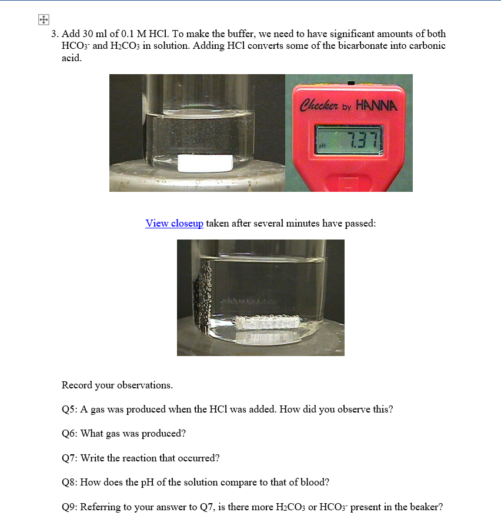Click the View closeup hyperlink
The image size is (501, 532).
click(x=174, y=223)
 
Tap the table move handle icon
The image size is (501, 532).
click(x=44, y=19)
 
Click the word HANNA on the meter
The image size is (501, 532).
click(x=376, y=105)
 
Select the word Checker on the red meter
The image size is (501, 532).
click(x=319, y=105)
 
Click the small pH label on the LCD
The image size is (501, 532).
click(x=322, y=145)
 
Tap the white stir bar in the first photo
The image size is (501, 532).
click(x=205, y=163)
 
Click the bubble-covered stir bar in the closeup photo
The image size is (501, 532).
click(x=268, y=322)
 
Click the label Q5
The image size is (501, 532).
click(x=69, y=410)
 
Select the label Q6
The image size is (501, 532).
click(x=69, y=434)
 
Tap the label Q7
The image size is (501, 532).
click(x=69, y=458)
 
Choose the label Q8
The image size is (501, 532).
click(x=69, y=483)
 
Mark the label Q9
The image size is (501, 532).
click(x=69, y=507)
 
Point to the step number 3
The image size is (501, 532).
click(x=55, y=34)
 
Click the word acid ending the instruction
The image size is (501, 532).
click(x=72, y=58)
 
